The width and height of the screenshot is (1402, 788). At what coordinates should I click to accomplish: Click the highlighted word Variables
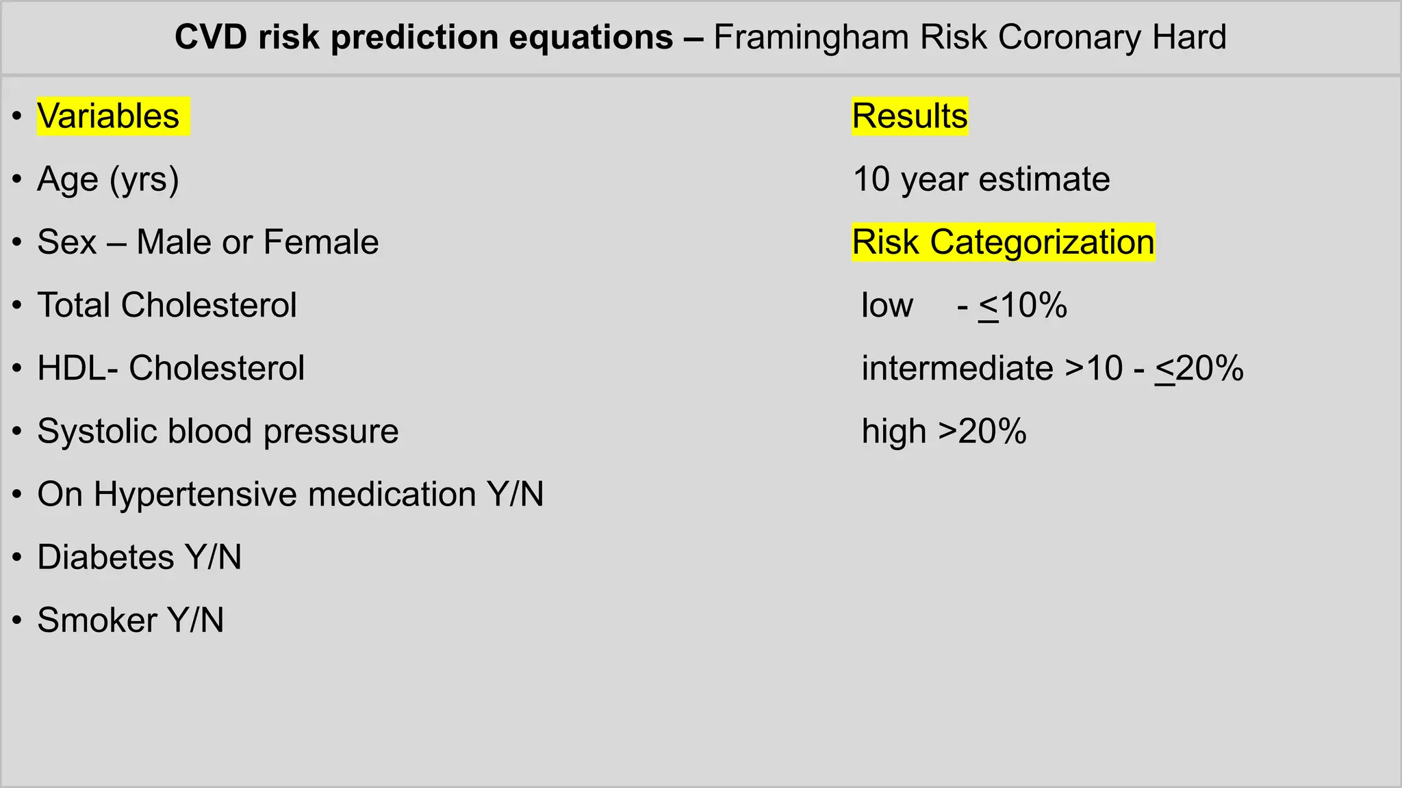108,116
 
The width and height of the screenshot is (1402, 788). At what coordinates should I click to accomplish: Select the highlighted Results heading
910,116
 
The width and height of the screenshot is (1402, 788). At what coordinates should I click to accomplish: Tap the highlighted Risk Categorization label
1003,242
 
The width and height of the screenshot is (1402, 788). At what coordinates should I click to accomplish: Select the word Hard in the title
1189,38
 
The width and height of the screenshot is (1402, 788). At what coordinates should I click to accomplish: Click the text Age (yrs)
108,180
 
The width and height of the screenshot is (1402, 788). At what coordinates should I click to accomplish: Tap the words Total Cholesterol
167,305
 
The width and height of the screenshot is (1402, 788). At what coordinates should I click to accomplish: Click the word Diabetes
105,557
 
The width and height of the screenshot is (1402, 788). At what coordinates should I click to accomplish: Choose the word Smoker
97,620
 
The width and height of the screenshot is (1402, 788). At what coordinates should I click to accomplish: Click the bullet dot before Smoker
17,620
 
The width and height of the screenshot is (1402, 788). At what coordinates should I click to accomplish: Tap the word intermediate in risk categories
957,368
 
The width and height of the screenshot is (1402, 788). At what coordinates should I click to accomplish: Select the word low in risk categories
887,305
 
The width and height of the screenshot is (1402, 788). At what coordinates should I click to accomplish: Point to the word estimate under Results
1044,179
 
